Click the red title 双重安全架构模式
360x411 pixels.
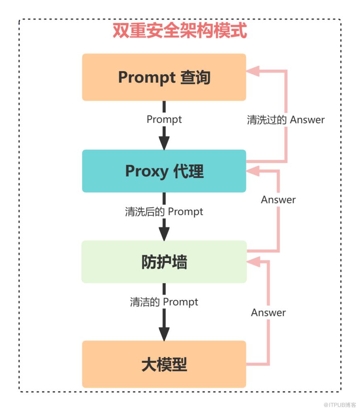180,30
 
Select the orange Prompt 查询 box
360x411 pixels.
164,77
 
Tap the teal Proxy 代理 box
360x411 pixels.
164,171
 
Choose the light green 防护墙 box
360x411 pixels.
164,262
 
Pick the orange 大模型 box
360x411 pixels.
164,364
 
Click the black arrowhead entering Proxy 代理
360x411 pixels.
164,143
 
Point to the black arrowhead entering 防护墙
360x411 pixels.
164,234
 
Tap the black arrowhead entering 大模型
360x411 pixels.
164,334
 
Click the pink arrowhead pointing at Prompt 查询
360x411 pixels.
253,71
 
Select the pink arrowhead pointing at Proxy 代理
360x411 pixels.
253,171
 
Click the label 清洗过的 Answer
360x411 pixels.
286,120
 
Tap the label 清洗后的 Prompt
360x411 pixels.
164,211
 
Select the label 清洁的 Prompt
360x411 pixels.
164,302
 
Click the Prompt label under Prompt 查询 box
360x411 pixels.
164,119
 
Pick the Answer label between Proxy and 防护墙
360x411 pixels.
278,200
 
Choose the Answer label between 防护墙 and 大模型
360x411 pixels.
268,313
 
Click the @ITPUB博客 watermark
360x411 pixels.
340,405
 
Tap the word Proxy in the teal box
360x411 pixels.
146,171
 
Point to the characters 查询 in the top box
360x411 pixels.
195,77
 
